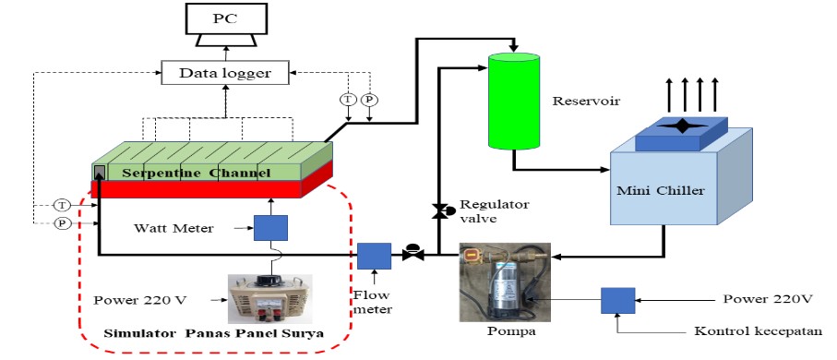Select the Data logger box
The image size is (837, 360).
[224, 72]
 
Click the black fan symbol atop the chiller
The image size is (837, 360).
[682, 126]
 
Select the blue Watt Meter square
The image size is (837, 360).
[270, 228]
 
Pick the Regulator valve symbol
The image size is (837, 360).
[441, 211]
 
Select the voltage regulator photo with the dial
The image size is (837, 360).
[269, 297]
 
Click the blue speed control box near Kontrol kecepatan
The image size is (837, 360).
[616, 301]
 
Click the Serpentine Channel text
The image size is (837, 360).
[192, 172]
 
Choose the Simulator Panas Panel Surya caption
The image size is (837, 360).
[213, 333]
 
